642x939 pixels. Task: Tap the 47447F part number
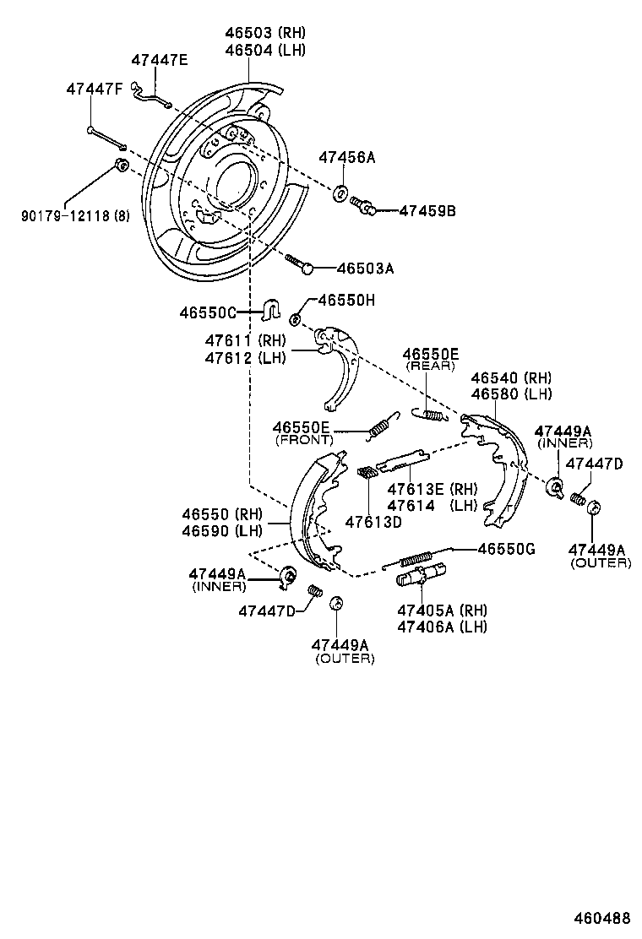point(95,90)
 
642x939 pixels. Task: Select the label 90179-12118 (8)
point(76,216)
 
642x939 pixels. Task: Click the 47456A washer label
point(346,158)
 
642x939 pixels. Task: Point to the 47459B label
point(427,210)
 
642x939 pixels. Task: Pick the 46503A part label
point(365,269)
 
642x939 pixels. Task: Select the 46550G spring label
point(507,548)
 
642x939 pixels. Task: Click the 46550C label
point(207,312)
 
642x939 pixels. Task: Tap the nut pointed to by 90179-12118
point(121,164)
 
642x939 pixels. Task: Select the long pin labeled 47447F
point(106,137)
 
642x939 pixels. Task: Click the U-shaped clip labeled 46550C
point(272,311)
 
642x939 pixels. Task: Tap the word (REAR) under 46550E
point(430,366)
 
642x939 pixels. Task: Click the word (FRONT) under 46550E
point(304,440)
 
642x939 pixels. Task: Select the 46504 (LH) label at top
point(265,49)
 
